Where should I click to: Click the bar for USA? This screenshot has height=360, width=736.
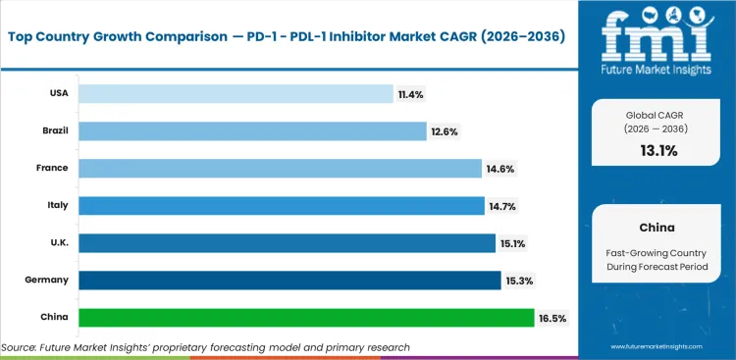[x=236, y=93]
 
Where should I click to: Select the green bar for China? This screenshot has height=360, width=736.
[x=306, y=317]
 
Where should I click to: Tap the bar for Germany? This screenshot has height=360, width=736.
[x=289, y=280]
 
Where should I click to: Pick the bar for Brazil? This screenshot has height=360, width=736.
[x=252, y=130]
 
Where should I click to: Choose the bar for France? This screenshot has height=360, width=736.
[x=280, y=168]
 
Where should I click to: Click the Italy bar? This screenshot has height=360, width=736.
[x=281, y=205]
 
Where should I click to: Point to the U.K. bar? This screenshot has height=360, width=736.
[x=287, y=242]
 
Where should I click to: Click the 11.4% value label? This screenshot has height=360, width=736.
[x=410, y=94]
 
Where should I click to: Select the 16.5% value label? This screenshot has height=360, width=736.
[x=552, y=318]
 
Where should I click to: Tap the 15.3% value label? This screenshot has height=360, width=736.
[x=518, y=281]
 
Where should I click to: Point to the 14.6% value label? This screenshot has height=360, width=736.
[x=499, y=169]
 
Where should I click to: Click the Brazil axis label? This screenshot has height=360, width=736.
[x=54, y=130]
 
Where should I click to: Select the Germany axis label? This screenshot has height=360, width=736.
[x=48, y=280]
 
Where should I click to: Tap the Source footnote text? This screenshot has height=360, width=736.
[x=206, y=347]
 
